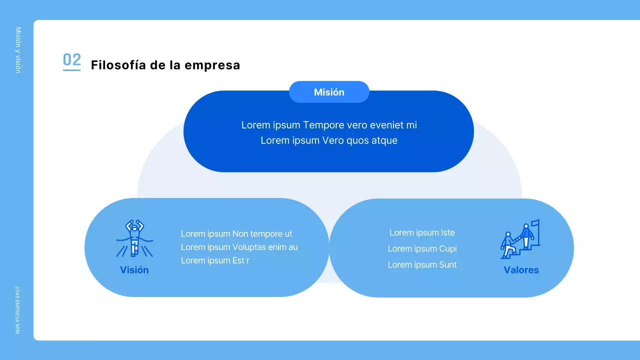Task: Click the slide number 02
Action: (71, 60)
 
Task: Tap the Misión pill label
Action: (329, 92)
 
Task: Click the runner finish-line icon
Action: (134, 238)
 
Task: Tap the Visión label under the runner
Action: (134, 270)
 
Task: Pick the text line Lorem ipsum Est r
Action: (215, 260)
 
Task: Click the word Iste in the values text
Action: (447, 232)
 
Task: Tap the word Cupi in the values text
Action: (447, 248)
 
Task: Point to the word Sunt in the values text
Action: (447, 265)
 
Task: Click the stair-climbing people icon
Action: (520, 240)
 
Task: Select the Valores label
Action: (521, 270)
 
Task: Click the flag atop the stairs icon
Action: (535, 223)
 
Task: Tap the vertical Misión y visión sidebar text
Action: (18, 50)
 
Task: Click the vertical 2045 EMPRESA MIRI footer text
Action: (17, 310)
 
